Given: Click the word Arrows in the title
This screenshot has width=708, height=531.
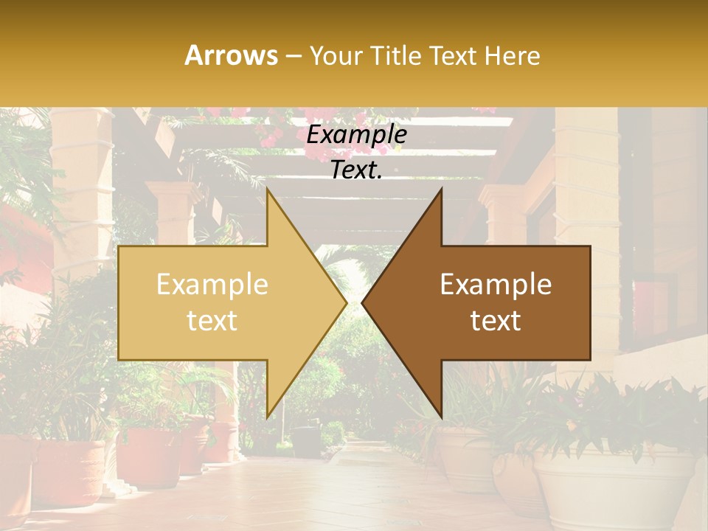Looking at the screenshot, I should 232,55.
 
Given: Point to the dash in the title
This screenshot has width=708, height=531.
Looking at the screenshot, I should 294,56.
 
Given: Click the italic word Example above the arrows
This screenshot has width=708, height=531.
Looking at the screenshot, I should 356,135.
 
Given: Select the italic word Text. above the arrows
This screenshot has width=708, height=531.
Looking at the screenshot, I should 356,170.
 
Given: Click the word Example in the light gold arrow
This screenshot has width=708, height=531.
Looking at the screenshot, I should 212,285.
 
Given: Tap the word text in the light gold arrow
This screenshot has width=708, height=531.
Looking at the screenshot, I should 212,320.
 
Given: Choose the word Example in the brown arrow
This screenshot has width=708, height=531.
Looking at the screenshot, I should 496,285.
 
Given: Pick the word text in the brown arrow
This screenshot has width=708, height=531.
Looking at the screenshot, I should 496,320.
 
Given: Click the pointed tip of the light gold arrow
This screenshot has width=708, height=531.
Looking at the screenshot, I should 346,302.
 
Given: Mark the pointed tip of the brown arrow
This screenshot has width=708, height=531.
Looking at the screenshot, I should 362,302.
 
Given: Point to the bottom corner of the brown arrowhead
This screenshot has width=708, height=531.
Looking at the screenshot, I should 441,417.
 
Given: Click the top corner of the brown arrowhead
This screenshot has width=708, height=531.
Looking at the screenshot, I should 441,189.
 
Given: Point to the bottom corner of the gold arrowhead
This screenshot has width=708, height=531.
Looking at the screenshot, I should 268,417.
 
